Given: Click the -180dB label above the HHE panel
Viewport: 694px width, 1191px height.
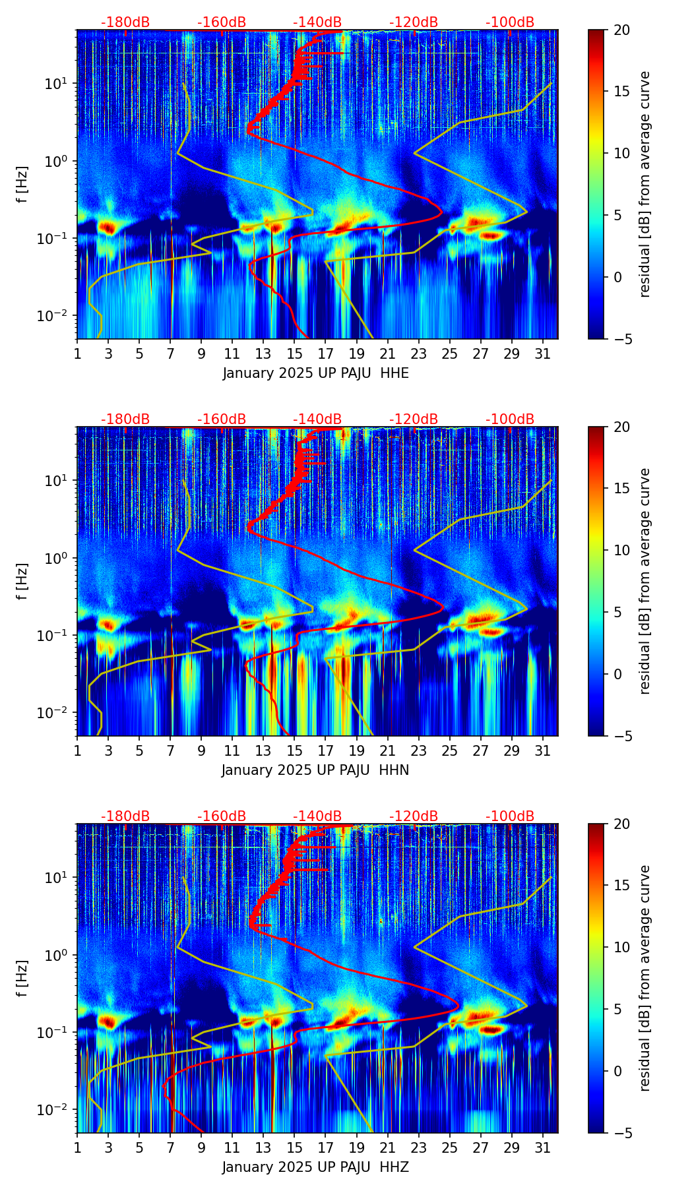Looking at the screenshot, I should pos(125,22).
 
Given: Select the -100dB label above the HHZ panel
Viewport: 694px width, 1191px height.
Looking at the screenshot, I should pos(510,816).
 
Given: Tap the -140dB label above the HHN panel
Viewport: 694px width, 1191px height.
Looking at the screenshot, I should pos(317,419).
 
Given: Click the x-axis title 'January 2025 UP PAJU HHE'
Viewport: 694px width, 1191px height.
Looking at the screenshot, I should pos(315,373).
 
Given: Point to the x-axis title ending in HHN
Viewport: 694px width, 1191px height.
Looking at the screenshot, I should pos(315,770).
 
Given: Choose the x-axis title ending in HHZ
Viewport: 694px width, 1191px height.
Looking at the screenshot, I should pos(315,1167).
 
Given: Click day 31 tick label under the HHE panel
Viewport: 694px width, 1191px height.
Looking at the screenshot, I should pos(543,353).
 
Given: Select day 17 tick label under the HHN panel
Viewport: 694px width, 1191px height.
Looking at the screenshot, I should pos(325,750).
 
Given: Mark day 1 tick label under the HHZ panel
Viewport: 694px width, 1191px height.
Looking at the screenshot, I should pos(77,1147).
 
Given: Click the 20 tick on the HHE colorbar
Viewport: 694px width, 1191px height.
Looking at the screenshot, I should pos(622,30).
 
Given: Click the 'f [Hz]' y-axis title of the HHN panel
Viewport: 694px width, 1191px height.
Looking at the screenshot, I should pos(22,581).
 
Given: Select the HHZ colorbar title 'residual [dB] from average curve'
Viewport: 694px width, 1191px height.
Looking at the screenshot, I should pos(645,978).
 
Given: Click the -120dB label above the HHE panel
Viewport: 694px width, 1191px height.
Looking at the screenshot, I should pos(414,22).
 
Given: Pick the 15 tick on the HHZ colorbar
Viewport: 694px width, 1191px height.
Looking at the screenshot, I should pos(622,886).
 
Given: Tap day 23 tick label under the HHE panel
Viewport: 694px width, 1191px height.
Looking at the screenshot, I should pos(418,353).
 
